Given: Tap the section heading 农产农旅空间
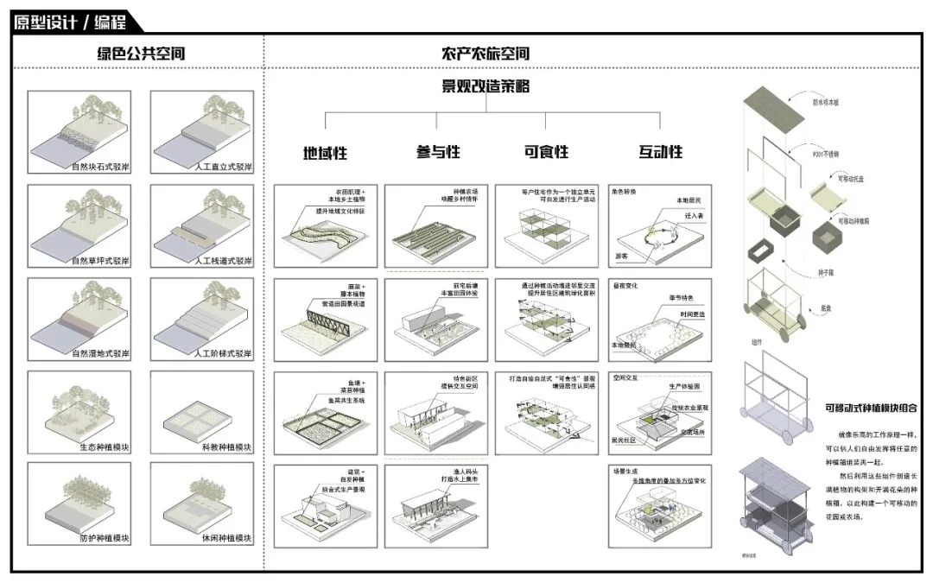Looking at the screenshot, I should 486,54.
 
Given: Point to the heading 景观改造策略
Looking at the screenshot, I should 486,86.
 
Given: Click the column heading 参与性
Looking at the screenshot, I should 438,152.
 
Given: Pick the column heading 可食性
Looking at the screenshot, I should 547,152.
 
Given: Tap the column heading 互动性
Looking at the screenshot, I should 661,152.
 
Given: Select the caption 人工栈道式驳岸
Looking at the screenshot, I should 224,260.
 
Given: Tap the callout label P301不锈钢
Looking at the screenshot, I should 825,155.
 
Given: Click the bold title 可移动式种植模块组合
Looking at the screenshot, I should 870,409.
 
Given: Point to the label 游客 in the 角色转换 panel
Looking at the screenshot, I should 621,256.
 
